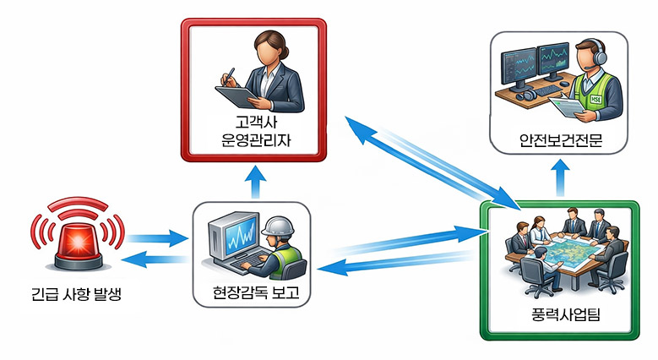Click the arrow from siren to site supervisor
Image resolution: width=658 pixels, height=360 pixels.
pos(156,239)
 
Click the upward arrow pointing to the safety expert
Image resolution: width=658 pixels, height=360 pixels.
pos(559,174)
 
